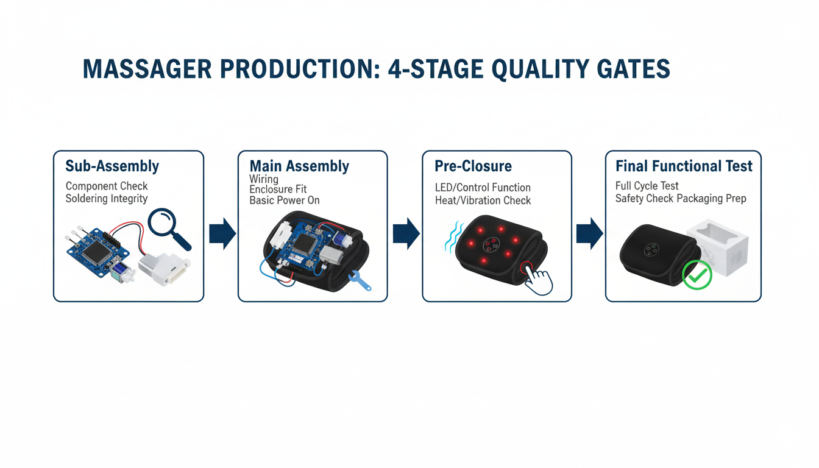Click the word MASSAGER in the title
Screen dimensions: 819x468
click(x=147, y=69)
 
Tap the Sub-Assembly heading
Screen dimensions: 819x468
click(x=112, y=166)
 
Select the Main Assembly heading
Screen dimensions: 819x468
click(x=299, y=166)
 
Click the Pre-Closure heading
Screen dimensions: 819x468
click(x=473, y=166)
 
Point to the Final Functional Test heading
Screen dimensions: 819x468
click(x=684, y=166)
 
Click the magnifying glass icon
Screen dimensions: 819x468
click(x=169, y=229)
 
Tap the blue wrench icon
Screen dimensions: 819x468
click(x=360, y=281)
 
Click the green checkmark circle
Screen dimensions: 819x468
click(x=697, y=275)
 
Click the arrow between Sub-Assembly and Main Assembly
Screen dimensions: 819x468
click(x=222, y=233)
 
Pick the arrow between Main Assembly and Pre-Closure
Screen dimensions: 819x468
click(x=406, y=233)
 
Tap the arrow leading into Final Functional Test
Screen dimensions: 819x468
click(x=589, y=233)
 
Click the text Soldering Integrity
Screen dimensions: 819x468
click(x=107, y=199)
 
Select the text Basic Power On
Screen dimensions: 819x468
click(x=285, y=200)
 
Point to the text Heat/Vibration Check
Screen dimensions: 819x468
click(x=483, y=200)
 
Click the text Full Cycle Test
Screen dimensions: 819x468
click(x=647, y=186)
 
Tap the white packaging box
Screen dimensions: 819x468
click(x=717, y=247)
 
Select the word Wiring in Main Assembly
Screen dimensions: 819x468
click(x=264, y=179)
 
